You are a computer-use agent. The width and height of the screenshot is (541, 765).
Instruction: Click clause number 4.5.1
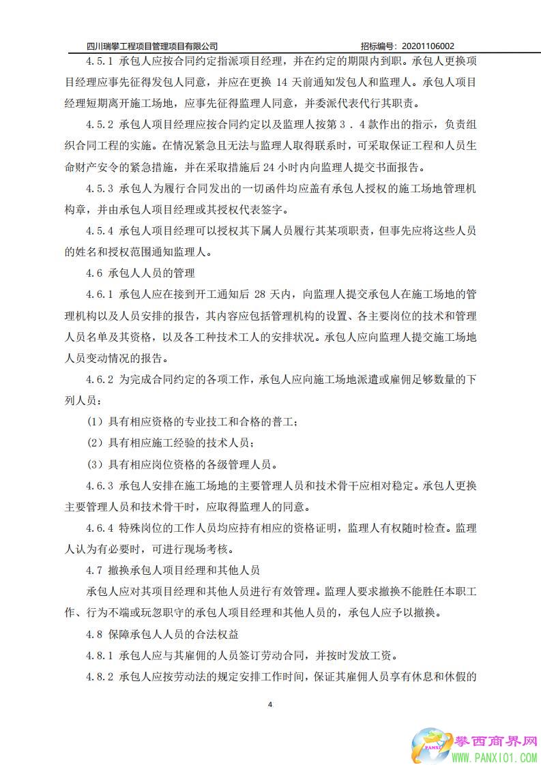pos(100,61)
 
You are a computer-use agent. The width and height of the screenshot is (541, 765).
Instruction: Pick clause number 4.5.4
pos(100,230)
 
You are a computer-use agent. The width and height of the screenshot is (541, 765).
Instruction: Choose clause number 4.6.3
pos(100,486)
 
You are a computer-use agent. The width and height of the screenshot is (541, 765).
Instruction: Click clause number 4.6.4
pos(100,528)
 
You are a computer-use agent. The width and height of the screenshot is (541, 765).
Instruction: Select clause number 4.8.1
pos(100,656)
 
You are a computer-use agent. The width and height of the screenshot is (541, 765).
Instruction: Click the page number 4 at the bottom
pos(271,704)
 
